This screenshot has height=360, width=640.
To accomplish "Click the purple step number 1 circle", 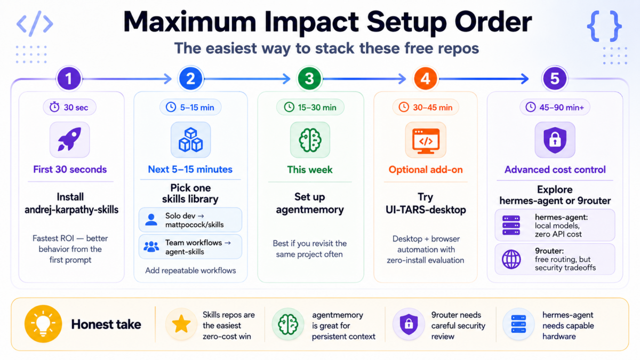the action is [69, 79].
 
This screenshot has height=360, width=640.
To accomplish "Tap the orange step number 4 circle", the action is [425, 79].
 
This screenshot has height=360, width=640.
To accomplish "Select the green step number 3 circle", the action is [309, 79].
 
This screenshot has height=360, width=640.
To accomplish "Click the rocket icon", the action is [70, 139].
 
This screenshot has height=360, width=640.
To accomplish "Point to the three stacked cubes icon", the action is [190, 140].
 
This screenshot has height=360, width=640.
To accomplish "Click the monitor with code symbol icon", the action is [426, 141].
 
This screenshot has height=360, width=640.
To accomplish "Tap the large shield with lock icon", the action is [555, 140].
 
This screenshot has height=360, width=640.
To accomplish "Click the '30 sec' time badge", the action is [69, 107].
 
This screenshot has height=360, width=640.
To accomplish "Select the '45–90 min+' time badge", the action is [555, 107].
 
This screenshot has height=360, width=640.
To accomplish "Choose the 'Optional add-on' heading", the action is [426, 170].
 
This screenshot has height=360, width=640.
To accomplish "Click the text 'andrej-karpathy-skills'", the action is [71, 210].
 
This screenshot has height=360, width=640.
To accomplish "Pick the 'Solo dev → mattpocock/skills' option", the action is [190, 220].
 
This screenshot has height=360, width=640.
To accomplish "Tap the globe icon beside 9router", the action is [511, 259].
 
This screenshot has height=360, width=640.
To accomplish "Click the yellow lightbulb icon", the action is [43, 324].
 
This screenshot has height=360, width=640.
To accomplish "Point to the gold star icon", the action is [181, 324].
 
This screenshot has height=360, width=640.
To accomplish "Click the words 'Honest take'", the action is [106, 324].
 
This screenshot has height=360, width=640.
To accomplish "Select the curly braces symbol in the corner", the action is [604, 26].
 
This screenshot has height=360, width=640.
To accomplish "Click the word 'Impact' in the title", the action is [311, 22].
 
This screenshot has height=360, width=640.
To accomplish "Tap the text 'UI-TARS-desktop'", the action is [426, 210].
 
